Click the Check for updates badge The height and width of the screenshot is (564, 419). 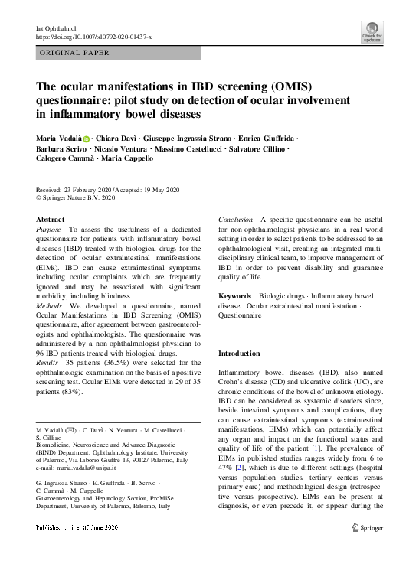(373, 31)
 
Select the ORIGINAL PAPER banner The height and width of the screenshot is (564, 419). (74, 54)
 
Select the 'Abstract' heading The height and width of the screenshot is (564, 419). (51, 219)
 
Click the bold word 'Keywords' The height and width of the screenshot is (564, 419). (235, 295)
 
